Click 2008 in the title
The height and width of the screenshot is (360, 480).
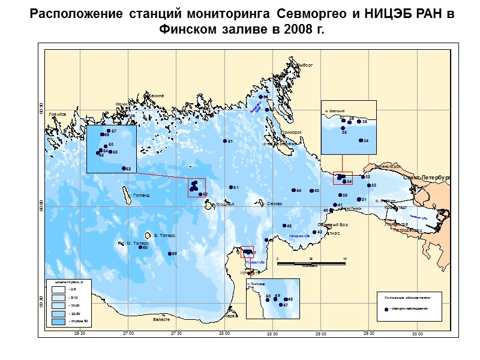click(290, 29)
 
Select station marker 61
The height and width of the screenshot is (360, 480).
click(225, 141)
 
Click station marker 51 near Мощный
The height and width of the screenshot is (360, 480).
click(231, 187)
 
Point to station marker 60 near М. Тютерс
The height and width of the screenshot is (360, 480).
click(140, 247)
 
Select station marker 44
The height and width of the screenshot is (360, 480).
click(292, 190)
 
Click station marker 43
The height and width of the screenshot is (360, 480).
click(311, 190)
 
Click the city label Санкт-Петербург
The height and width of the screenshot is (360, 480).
click(426, 178)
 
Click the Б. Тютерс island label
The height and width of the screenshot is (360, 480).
click(164, 236)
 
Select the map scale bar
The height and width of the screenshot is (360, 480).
click(311, 263)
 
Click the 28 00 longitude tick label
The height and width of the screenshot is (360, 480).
click(224, 334)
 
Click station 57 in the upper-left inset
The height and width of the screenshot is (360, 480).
click(108, 131)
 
